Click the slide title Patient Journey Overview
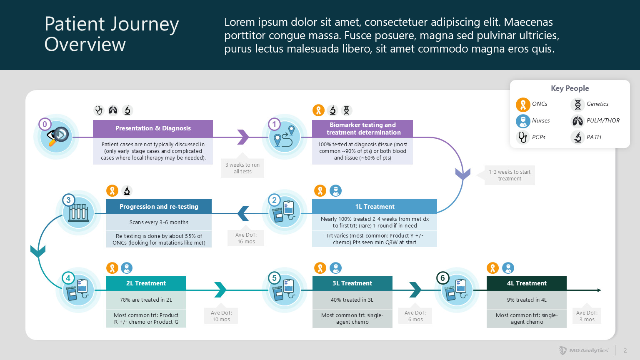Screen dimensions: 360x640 click(x=111, y=34)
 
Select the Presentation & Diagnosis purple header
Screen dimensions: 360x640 click(x=153, y=128)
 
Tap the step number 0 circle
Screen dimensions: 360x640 click(x=45, y=124)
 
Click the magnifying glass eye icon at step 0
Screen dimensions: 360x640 click(x=58, y=136)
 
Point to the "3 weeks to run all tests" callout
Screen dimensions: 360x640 click(x=242, y=168)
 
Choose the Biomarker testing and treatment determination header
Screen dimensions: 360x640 click(x=362, y=129)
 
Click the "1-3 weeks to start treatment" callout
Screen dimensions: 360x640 click(x=510, y=175)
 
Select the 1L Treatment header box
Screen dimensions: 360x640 click(x=375, y=207)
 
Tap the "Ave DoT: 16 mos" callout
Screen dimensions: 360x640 click(x=246, y=238)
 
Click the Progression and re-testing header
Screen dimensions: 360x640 click(x=159, y=207)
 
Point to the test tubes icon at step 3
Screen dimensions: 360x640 click(x=78, y=213)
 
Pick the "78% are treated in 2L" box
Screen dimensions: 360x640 click(x=146, y=300)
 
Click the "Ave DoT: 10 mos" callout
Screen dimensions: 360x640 click(x=221, y=316)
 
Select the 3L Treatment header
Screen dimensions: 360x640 click(x=352, y=283)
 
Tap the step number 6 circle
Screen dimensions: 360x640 click(x=442, y=278)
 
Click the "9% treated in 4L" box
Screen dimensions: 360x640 click(x=527, y=300)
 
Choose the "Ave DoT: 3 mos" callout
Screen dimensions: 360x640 click(x=587, y=316)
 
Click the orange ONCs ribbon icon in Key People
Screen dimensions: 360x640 click(x=522, y=104)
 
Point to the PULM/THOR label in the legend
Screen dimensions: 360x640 click(x=603, y=121)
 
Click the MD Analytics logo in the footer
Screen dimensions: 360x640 click(x=584, y=350)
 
